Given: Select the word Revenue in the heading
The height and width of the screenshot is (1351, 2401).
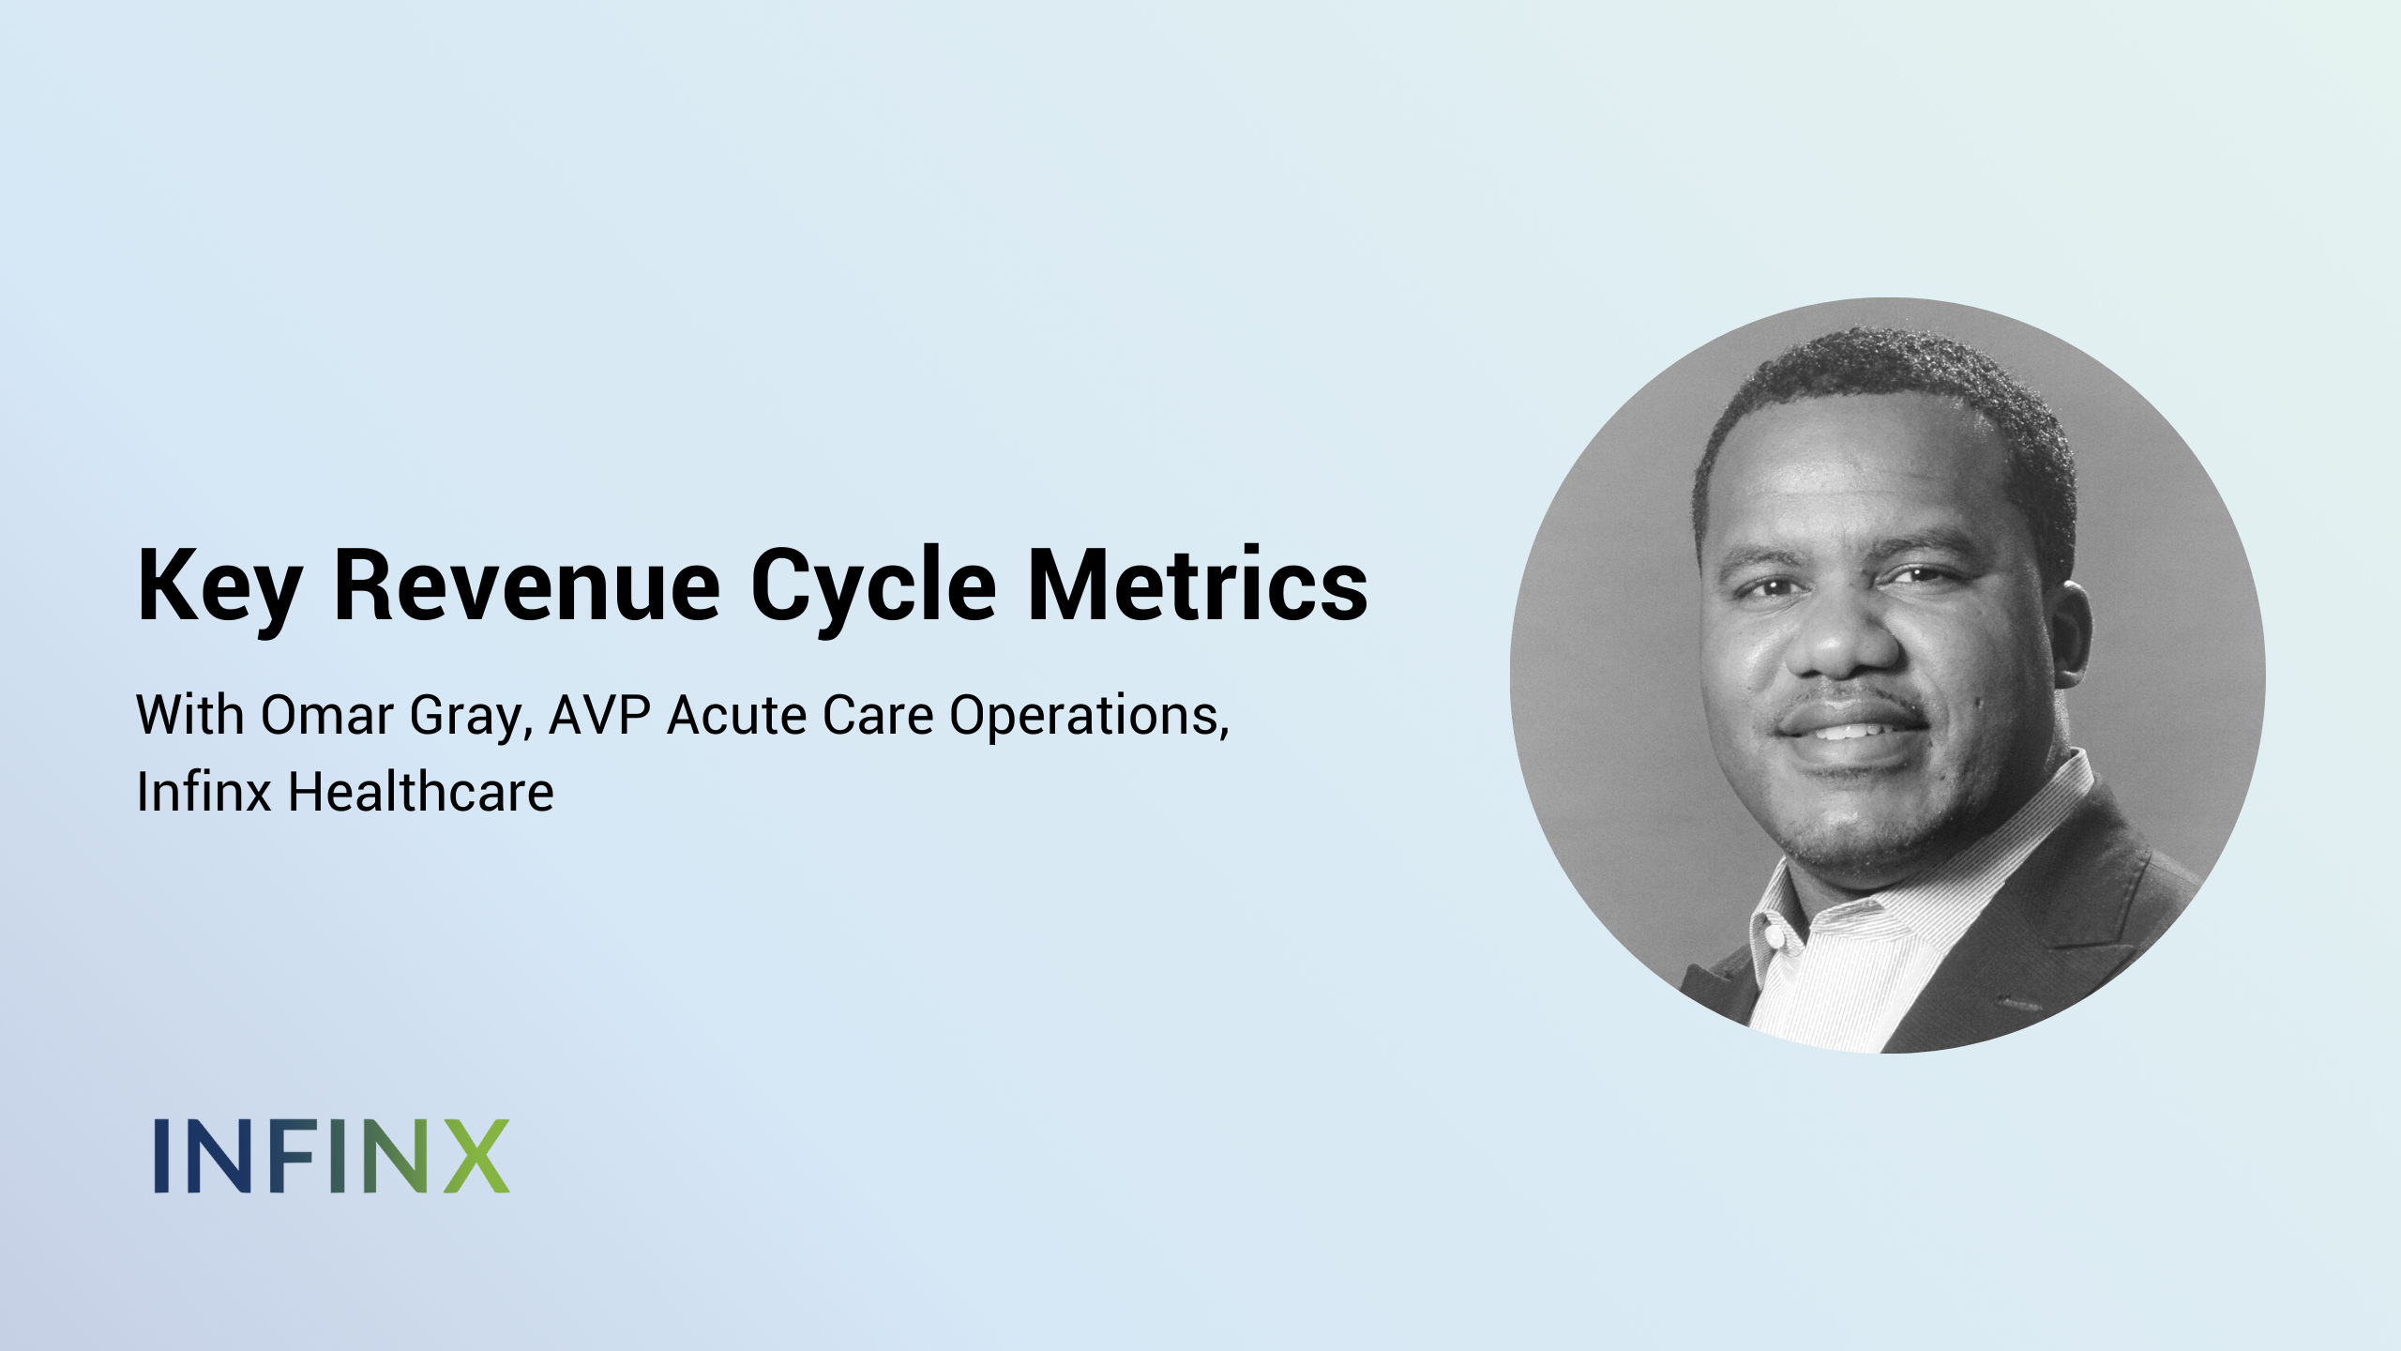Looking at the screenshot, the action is point(527,585).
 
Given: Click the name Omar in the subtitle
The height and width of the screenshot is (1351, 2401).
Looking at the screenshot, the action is point(326,715).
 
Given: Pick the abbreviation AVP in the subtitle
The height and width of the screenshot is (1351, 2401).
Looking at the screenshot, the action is point(599,715).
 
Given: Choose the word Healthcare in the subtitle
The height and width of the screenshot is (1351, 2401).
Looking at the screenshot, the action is point(420,792).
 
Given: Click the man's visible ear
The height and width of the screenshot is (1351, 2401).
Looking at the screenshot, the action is point(2069,638).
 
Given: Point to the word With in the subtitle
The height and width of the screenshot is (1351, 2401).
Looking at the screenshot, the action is point(191,715).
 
